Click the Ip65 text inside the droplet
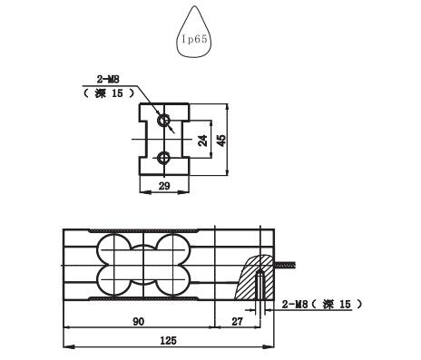(x=194, y=39)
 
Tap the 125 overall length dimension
(x=168, y=341)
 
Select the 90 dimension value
(x=138, y=322)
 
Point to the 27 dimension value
(x=237, y=322)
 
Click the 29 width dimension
(x=164, y=186)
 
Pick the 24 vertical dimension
(x=203, y=141)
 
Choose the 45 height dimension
(x=221, y=141)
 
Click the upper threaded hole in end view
(x=164, y=121)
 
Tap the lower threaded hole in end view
(x=164, y=158)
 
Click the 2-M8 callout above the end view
(x=108, y=80)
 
